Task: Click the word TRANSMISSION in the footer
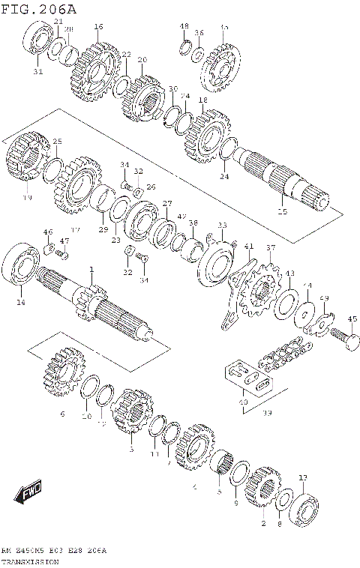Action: pos(34,561)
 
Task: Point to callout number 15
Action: pos(282,212)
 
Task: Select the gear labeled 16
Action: pos(97,69)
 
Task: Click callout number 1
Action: pos(91,270)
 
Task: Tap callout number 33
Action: pos(221,225)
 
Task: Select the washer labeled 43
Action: pos(286,303)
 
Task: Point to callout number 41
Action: pos(249,246)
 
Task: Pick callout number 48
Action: pos(184,26)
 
